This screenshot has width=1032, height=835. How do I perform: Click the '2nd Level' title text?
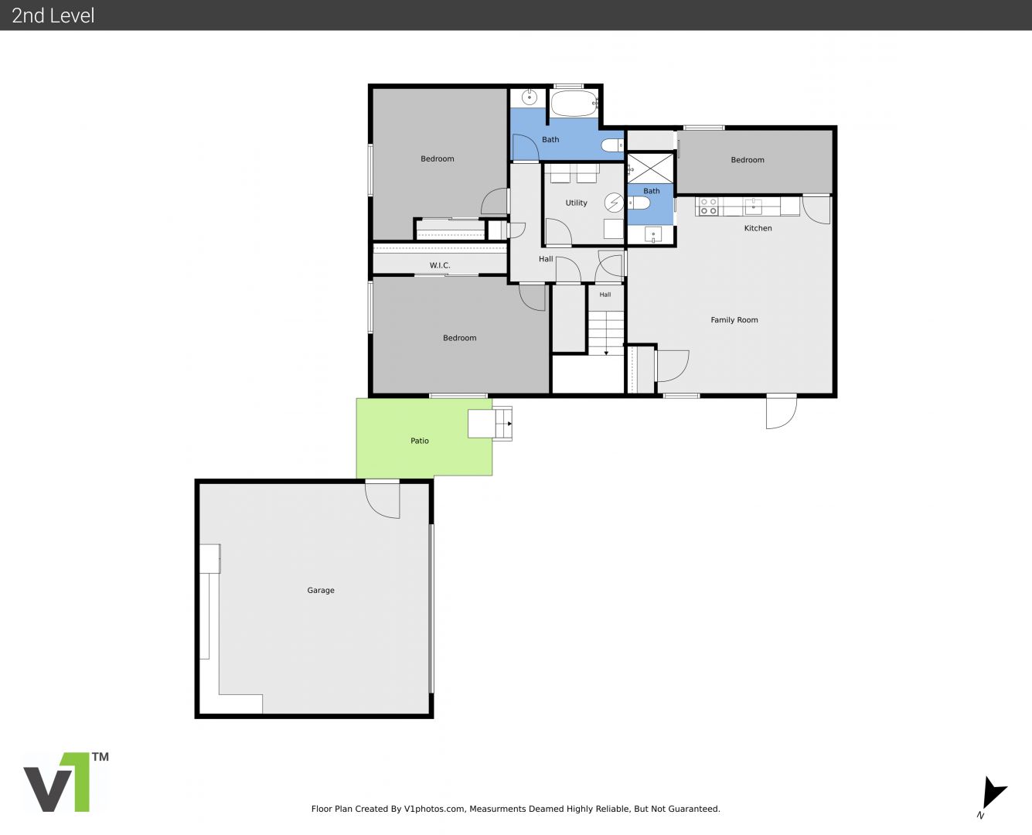tap(53, 15)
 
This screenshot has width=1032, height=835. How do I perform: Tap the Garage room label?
tap(321, 590)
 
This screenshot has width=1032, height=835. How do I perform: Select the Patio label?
tap(420, 441)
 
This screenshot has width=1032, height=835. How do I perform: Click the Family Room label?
tap(734, 320)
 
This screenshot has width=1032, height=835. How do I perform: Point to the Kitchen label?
tap(758, 228)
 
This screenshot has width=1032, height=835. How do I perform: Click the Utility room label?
tap(576, 203)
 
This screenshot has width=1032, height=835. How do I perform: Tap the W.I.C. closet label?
tap(440, 265)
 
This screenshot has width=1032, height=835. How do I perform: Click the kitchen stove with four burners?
tap(707, 206)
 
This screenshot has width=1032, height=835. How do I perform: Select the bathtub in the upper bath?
tap(574, 103)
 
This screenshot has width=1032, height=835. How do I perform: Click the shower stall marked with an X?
tap(650, 169)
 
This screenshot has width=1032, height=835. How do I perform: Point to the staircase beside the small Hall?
tap(605, 333)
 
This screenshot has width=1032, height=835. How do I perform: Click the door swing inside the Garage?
tap(383, 500)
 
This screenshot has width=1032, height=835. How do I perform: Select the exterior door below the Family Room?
tap(781, 412)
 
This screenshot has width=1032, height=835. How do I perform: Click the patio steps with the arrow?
tap(503, 424)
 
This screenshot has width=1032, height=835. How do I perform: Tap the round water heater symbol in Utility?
tap(615, 203)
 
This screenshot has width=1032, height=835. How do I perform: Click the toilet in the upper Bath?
tap(612, 145)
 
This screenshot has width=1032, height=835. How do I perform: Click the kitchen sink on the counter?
tap(753, 206)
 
